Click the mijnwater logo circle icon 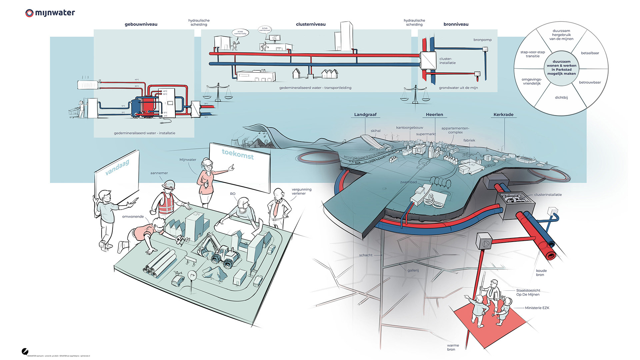[29, 13]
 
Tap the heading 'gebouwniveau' [141, 24]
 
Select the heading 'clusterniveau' [311, 24]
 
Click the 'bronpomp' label [482, 40]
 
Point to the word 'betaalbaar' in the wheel [590, 53]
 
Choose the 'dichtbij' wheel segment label [561, 98]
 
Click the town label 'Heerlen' [434, 115]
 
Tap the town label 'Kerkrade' [503, 115]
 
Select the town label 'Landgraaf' [365, 115]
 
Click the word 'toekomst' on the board [238, 154]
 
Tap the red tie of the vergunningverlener [276, 208]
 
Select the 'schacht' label [366, 255]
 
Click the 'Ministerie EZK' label [537, 308]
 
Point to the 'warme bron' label [453, 347]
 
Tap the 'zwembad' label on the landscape [408, 182]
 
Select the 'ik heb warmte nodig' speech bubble [240, 33]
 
